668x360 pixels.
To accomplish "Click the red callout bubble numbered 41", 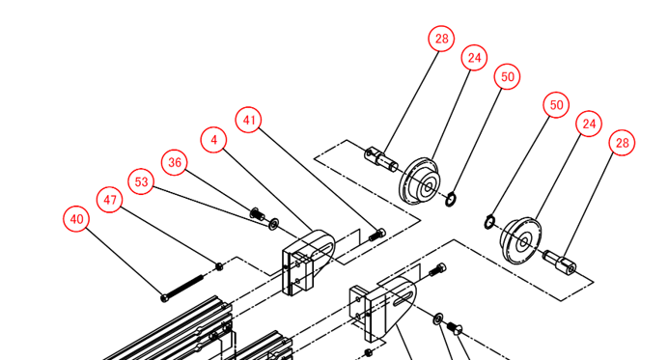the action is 249,120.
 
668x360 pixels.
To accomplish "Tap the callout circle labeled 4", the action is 214,140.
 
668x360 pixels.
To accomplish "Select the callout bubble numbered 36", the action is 175,162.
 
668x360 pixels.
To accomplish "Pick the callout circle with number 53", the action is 141,181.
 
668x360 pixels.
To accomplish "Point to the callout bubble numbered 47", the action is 110,200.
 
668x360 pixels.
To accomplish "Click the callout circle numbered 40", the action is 76,219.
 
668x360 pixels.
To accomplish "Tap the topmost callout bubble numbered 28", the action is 441,39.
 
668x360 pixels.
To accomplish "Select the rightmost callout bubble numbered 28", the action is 622,143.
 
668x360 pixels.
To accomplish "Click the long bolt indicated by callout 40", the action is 183,288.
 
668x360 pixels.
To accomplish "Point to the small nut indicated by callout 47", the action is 219,266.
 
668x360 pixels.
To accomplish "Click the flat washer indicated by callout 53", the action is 273,223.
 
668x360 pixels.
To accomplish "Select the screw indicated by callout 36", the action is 257,213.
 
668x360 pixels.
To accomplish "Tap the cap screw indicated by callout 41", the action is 377,235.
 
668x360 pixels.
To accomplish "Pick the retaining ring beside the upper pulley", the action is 451,200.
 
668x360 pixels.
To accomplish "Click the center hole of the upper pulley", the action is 428,186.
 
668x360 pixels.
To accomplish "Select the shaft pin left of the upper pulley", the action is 381,159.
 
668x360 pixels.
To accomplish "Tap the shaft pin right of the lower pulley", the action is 560,262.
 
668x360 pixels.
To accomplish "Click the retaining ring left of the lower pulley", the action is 490,222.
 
